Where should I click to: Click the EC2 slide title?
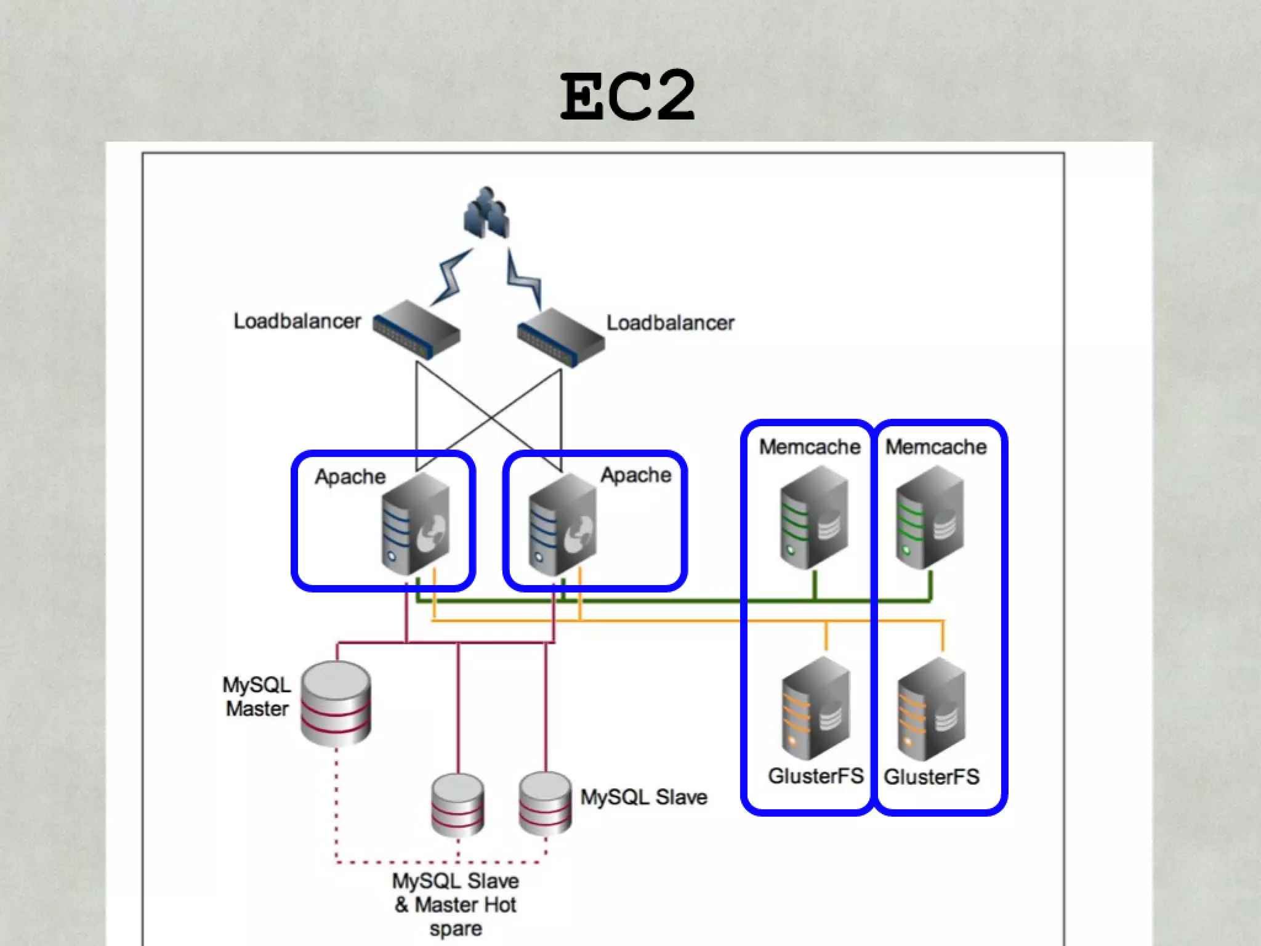pos(628,97)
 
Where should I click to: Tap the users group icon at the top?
pos(486,212)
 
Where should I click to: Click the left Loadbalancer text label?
pos(297,321)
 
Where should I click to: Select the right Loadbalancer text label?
pos(670,323)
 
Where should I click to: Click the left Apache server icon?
pos(416,524)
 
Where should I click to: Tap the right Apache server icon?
pos(562,524)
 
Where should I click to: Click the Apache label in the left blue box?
pos(350,477)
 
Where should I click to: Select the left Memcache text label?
pos(809,447)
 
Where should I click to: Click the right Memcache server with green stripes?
pos(930,517)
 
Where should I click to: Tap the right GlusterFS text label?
pos(931,777)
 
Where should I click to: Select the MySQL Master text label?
pos(257,697)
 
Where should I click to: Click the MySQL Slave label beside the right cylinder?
pos(643,797)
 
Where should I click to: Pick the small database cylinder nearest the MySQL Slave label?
pos(545,804)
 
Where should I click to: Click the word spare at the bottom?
pos(456,929)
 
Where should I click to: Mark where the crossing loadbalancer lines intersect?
pos(491,417)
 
